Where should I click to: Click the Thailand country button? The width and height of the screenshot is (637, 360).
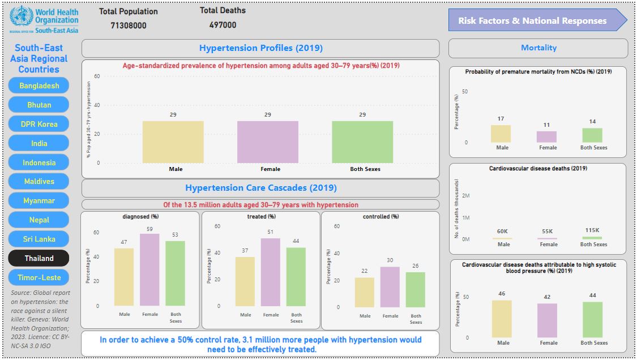(39, 258)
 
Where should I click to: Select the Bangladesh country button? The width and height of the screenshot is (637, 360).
(39, 85)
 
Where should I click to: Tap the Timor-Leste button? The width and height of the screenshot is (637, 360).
(39, 277)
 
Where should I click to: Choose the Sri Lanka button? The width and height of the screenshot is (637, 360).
(39, 239)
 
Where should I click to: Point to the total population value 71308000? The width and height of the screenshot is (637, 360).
(129, 25)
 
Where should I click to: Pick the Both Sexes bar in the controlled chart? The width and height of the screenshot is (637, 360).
(416, 289)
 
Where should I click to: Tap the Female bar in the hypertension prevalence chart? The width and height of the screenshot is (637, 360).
(267, 142)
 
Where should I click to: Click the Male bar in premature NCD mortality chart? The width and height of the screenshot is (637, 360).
(501, 134)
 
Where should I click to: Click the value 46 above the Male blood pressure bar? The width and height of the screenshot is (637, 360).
(502, 294)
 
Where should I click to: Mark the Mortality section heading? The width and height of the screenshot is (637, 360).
(538, 48)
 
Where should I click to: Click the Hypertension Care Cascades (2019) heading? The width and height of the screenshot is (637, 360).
(260, 188)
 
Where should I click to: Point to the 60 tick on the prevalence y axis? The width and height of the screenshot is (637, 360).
(97, 76)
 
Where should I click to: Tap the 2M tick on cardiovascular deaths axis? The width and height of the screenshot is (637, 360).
(465, 196)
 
